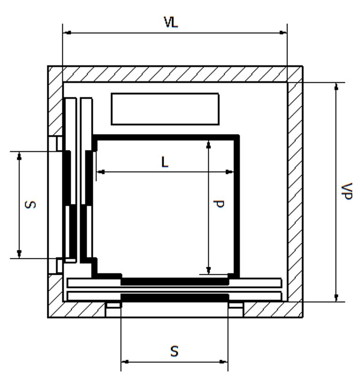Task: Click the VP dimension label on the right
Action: pos(347,191)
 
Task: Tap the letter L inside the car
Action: pos(165,162)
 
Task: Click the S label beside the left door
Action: pos(30,204)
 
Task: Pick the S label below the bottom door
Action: pos(174,351)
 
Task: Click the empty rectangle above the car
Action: pos(165,109)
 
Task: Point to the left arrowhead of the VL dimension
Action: pos(66,32)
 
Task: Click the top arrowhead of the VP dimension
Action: pos(336,86)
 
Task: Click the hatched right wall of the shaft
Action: pos(295,188)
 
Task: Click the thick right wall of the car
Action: pos(237,206)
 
